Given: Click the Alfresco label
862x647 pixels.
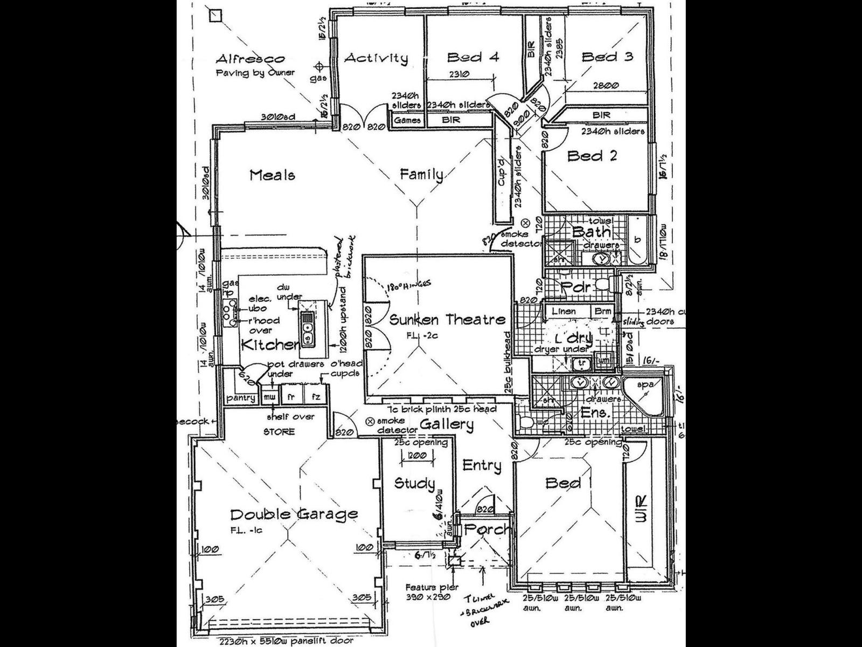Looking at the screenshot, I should point(250,59).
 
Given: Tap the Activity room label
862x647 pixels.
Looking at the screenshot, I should point(376,58).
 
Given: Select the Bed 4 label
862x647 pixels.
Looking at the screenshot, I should point(474,57).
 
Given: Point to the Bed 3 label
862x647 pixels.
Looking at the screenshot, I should point(607,57).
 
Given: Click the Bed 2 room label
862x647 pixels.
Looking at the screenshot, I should point(592,156).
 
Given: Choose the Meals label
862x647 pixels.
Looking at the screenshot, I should point(273,175).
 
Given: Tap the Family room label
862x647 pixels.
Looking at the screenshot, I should point(422,175).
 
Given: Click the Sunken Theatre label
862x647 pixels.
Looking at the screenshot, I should point(447,320).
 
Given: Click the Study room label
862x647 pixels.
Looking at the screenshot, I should point(414,484).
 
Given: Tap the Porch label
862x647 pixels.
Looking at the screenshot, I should point(486,529).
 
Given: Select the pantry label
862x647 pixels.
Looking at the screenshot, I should point(241,398).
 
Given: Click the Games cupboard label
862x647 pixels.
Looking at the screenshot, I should point(407,120).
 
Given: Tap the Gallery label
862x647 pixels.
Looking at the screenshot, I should point(447,425).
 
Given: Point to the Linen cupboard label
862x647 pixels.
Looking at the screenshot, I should point(564,311).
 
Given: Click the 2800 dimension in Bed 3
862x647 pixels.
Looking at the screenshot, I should point(607,85).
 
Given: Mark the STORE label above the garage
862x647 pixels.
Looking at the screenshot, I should point(279,431).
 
